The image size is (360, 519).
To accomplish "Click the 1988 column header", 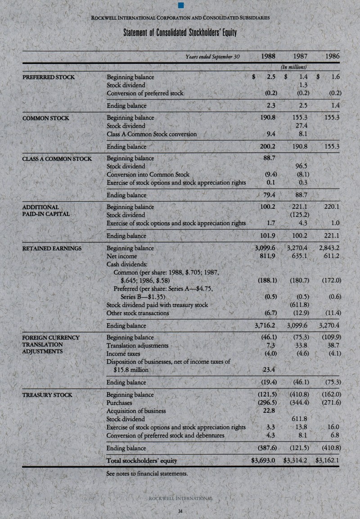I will click(x=268, y=57).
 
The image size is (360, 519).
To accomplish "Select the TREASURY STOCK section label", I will click(x=47, y=395).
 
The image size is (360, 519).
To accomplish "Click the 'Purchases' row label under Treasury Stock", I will click(x=119, y=403).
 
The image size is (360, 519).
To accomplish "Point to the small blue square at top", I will click(x=180, y=6).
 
